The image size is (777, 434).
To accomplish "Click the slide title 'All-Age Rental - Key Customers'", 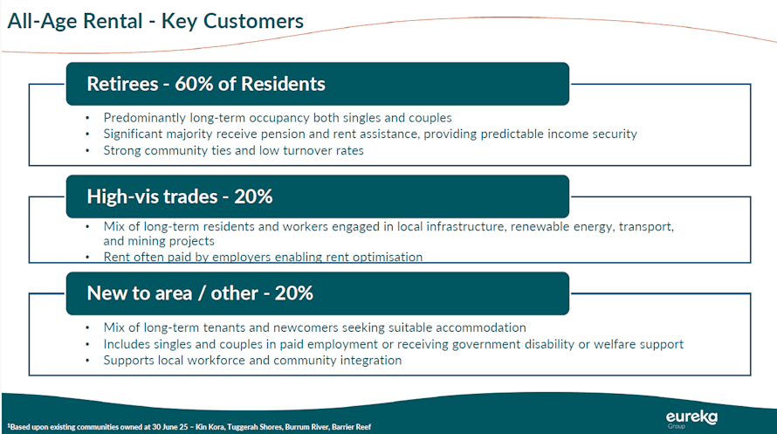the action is click(155, 21).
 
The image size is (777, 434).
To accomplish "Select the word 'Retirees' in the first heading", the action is click(122, 84).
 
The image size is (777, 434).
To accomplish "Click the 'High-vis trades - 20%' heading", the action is click(179, 196).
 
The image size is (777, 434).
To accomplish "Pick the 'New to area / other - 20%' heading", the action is click(200, 293).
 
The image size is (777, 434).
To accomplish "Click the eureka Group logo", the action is click(691, 418).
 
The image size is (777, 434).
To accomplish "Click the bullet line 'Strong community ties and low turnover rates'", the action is click(233, 150).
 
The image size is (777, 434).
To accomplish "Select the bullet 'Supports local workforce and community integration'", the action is click(252, 360).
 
